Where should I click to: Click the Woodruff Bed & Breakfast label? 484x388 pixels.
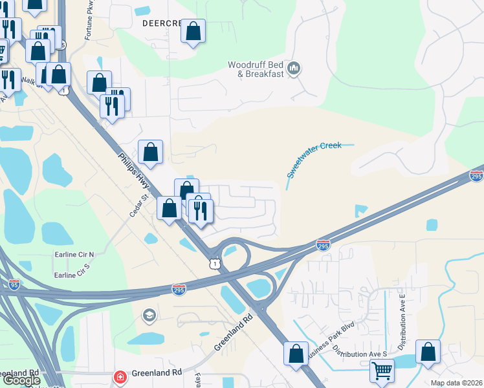tap(256, 69)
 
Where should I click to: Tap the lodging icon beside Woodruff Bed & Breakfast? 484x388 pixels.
tap(294, 69)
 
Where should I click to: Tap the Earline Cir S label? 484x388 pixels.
tap(74, 275)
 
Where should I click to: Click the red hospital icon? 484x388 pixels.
tap(119, 376)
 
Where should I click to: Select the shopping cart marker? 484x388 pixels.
tap(382, 371)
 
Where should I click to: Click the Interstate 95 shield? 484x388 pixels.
tap(14, 284)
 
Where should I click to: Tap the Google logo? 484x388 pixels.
tap(21, 380)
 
